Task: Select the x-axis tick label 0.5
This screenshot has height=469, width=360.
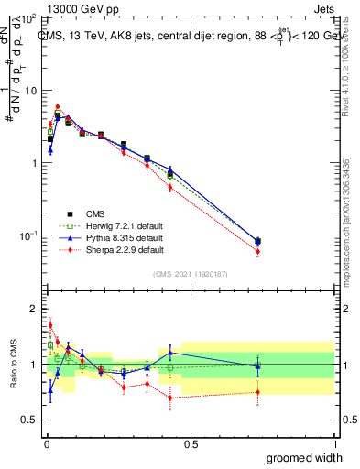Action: tap(191, 443)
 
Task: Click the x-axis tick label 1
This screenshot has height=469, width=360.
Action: tap(334, 443)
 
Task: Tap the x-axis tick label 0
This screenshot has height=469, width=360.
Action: tap(46, 443)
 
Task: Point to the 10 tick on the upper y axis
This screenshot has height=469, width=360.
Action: tap(30, 91)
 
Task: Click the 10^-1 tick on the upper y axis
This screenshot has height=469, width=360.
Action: tap(27, 235)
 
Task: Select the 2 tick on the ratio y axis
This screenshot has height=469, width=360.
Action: tap(34, 309)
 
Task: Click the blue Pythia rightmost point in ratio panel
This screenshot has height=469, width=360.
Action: tap(257, 366)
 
